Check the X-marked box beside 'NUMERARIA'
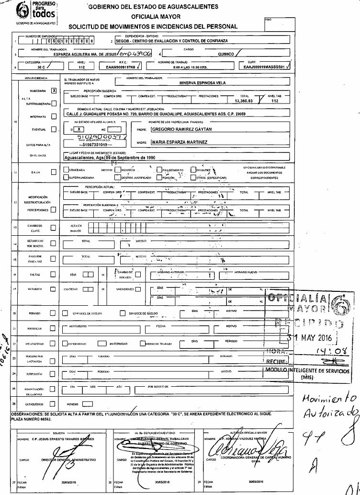54,90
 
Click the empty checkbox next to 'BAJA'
54,172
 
